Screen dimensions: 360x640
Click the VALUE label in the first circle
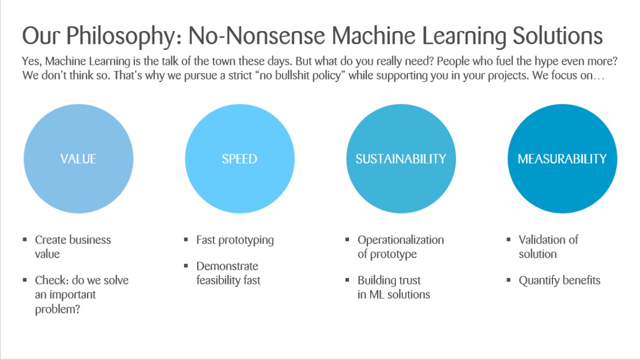click(78, 159)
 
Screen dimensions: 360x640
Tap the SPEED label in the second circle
click(239, 159)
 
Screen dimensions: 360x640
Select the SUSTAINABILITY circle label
click(400, 159)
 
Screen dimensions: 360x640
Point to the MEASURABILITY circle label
click(562, 159)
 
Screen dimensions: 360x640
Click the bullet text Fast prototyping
click(235, 240)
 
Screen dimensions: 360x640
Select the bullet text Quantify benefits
click(559, 280)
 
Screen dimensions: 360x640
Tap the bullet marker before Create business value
click(25, 240)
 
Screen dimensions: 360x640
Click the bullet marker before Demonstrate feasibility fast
click(186, 266)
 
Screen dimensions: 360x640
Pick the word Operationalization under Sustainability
click(400, 240)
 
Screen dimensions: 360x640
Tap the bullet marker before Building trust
click(347, 280)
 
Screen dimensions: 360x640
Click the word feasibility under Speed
click(219, 280)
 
